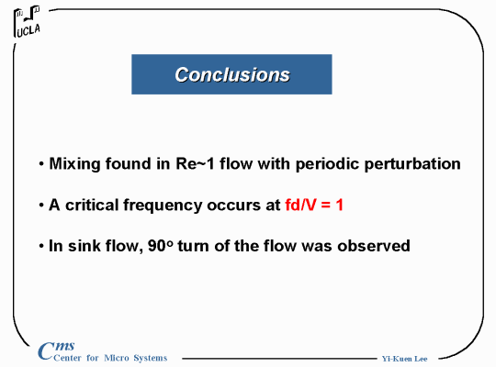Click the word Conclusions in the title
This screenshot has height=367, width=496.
point(232,75)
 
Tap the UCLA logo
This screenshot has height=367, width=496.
point(27,21)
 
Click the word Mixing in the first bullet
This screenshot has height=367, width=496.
point(74,164)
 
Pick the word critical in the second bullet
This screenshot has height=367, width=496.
point(92,205)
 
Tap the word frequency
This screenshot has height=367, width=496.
point(163,206)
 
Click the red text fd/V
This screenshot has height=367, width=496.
point(300,205)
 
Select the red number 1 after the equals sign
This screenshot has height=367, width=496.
point(340,205)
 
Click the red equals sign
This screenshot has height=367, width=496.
point(326,206)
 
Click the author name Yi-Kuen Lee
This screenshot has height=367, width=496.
point(404,359)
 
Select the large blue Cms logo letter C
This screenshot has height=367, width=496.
point(46,350)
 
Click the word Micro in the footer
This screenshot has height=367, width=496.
point(117,358)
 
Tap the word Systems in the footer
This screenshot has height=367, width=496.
point(151,358)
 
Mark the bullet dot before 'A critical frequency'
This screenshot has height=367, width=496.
point(41,206)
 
